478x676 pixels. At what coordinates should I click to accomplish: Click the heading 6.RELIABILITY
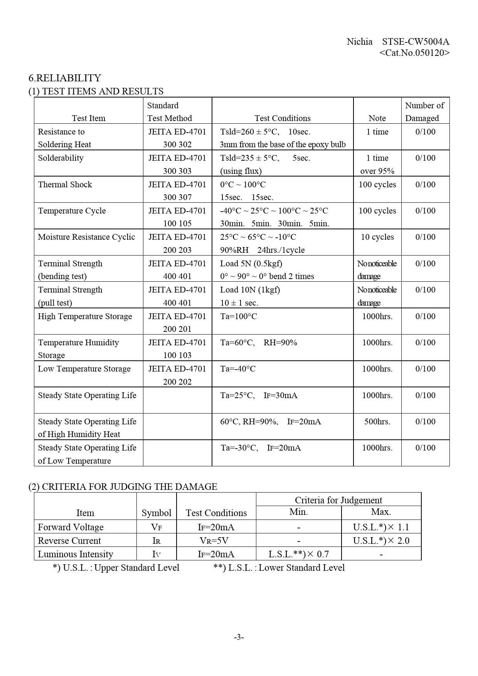coord(65,78)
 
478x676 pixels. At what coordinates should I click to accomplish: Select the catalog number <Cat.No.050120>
coord(414,53)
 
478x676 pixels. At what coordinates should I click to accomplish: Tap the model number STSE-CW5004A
coord(416,42)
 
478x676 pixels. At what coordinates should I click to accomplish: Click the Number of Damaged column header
coord(425,111)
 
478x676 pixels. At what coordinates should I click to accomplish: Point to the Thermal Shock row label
coord(65,185)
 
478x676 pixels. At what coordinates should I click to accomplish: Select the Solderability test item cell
coord(61,158)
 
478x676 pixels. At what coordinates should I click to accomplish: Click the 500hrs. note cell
coord(377,422)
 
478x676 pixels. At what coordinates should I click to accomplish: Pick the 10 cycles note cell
coord(377,237)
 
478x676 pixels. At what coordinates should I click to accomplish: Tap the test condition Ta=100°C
coord(239,316)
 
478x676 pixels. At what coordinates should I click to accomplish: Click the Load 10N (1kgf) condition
coord(250,290)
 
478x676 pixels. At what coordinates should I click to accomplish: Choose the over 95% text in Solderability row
coord(377,171)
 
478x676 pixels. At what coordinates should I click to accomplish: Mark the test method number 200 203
coord(177,250)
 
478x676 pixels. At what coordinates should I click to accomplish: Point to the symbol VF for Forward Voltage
coord(156,527)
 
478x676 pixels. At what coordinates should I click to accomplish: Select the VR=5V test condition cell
coord(216,541)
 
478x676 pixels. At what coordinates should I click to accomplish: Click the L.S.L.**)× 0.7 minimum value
coord(298,554)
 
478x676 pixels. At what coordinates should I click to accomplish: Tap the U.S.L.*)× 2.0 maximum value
coord(381,541)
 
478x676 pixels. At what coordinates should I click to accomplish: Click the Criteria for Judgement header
coord(338,500)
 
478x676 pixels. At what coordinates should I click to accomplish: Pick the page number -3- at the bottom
coord(239,637)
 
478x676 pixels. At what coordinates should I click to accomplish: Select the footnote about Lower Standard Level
coord(279,568)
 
